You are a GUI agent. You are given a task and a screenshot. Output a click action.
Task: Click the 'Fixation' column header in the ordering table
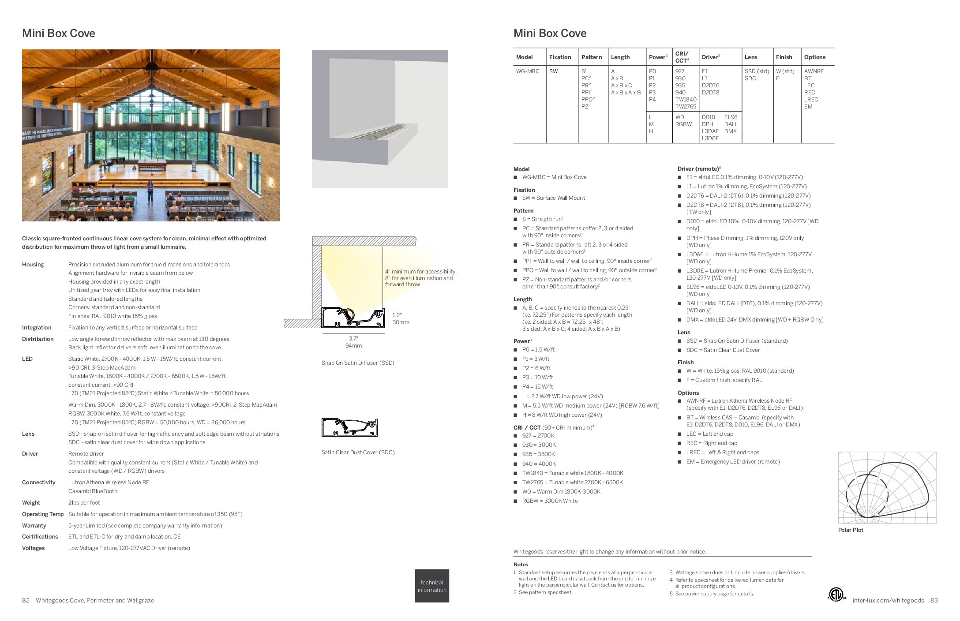[560, 57]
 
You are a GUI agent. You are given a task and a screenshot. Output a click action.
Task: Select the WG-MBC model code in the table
[528, 71]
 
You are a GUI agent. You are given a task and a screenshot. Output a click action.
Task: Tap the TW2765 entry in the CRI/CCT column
[686, 106]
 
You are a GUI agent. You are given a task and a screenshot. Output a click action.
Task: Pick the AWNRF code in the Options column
[814, 71]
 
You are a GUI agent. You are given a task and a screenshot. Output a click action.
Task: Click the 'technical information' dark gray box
[432, 586]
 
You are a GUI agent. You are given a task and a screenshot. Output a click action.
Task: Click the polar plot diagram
[887, 487]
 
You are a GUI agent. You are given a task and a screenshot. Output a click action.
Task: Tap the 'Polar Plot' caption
[850, 530]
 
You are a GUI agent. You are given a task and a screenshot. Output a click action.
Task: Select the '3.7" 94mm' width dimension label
[353, 342]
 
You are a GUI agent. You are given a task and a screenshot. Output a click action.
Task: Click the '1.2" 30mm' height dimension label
[401, 318]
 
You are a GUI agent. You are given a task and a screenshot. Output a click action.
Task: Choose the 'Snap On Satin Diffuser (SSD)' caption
[358, 363]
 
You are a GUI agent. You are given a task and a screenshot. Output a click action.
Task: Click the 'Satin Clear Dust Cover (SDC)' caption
[358, 453]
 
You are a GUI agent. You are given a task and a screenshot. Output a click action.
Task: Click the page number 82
[26, 600]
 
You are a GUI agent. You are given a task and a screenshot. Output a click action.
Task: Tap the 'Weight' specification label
[31, 503]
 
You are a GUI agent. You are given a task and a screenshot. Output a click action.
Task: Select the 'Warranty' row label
[34, 526]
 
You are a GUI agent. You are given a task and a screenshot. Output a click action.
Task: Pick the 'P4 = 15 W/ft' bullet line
[537, 387]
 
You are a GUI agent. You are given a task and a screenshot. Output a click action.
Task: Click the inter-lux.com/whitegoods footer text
[888, 600]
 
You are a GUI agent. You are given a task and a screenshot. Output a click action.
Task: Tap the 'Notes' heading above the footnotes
[521, 565]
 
